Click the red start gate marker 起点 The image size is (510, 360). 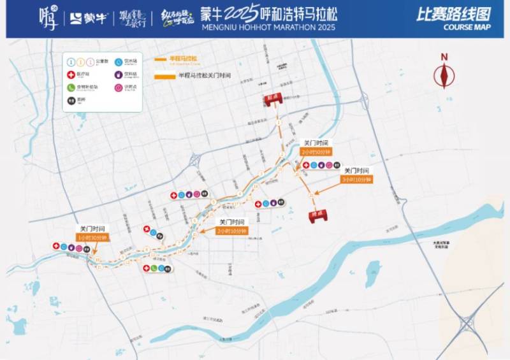(x=273, y=99)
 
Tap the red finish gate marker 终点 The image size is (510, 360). (x=316, y=215)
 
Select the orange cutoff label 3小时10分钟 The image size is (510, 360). (x=356, y=180)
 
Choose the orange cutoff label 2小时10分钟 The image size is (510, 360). (x=232, y=230)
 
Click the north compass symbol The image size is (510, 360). (x=444, y=74)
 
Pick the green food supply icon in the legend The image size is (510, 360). (x=71, y=87)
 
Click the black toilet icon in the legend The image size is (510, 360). (x=71, y=99)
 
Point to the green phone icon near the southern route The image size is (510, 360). (x=154, y=268)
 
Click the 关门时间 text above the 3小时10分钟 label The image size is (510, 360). (x=356, y=171)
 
